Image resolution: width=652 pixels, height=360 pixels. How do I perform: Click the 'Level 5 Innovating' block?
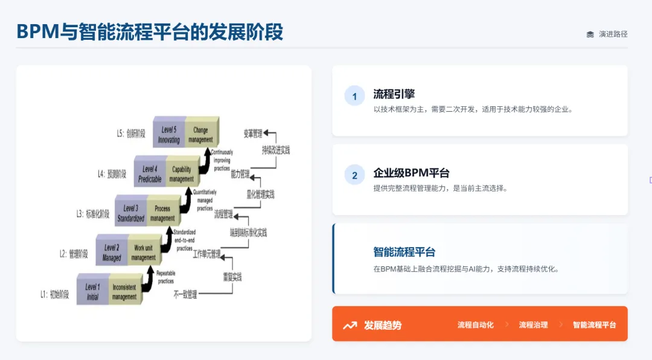pos(168,134)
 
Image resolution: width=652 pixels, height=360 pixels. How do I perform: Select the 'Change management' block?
pos(200,134)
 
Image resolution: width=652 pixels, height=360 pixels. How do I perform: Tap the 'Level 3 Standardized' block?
pos(130,213)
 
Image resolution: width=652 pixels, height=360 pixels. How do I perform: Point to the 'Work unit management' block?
pos(143,252)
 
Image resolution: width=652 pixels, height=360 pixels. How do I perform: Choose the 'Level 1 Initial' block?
pos(92,292)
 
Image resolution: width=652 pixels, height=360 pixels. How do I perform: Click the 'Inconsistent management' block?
pos(124,292)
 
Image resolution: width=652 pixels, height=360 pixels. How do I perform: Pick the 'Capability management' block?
pos(181,174)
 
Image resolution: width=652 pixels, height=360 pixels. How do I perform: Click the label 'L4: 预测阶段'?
pos(112,174)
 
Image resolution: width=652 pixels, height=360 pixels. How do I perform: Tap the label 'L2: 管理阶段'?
pos(74,254)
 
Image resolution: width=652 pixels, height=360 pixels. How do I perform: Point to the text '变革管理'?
pos(254,133)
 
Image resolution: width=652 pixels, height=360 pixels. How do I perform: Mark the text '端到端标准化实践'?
pos(248,233)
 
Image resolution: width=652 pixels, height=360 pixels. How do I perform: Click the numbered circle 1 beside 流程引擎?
pos(354,96)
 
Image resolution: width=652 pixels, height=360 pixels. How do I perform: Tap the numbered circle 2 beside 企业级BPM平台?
pos(354,175)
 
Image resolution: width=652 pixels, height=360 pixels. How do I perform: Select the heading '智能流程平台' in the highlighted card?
pos(404,252)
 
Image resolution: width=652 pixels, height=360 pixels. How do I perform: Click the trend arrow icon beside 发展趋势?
pos(350,325)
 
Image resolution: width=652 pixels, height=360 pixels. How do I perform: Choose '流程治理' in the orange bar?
pos(533,325)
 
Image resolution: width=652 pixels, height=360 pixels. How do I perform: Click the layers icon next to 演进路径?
pos(590,34)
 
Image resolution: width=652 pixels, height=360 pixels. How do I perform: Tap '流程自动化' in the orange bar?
pos(475,325)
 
